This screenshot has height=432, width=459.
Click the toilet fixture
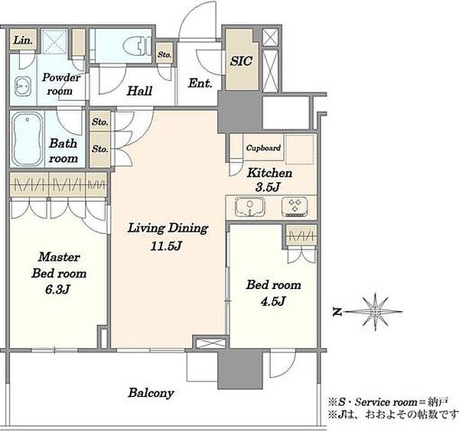[x=137, y=46]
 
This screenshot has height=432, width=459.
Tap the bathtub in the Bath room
[x=27, y=139]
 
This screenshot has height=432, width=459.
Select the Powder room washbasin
[x=23, y=86]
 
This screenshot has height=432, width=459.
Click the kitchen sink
[x=250, y=206]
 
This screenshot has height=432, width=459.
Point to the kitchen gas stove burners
[x=295, y=206]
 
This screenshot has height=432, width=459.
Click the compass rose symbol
[x=376, y=312]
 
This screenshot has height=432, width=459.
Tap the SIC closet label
[x=241, y=61]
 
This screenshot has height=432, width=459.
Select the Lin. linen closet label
[x=23, y=40]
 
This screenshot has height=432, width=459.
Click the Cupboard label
[x=263, y=148]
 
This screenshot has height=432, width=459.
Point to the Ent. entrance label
[x=200, y=83]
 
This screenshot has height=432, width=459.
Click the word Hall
[x=139, y=91]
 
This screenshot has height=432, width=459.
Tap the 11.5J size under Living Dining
[x=166, y=246]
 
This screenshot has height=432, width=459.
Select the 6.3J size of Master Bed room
[x=57, y=290]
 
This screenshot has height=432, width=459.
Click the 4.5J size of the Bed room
[x=273, y=301]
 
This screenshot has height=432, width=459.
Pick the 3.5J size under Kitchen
[x=268, y=187]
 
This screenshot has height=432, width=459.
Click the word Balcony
[x=151, y=393]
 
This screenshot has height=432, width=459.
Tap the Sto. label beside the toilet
[x=164, y=55]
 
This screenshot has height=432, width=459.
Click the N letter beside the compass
[x=337, y=313]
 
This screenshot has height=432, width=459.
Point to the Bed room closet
[x=301, y=235]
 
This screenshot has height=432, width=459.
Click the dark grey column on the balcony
[x=240, y=370]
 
